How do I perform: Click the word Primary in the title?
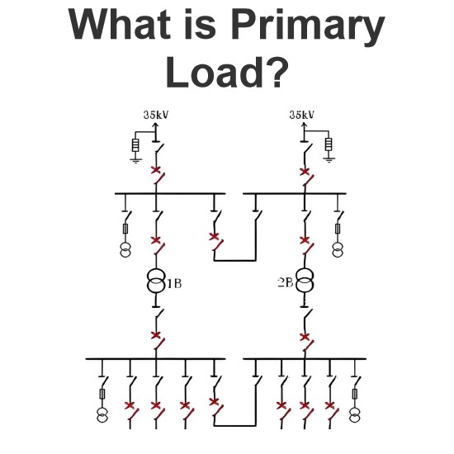308,26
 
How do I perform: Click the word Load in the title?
211,72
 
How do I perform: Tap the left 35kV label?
156,115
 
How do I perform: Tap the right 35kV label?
301,115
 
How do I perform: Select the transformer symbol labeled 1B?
156,281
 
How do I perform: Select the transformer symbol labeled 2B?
304,281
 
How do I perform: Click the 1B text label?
175,283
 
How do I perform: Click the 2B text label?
286,282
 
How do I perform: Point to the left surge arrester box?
135,145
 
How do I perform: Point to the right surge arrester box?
329,144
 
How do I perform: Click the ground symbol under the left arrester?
135,161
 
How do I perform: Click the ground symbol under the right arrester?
329,160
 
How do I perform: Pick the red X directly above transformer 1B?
156,240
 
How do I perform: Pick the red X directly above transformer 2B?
305,240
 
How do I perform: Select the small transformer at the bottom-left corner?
102,415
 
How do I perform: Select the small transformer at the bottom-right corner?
355,415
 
